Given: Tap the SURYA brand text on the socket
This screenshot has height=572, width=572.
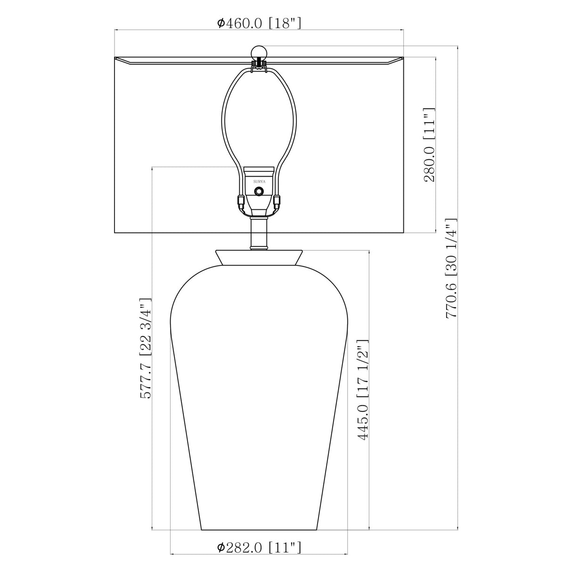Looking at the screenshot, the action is (x=259, y=181).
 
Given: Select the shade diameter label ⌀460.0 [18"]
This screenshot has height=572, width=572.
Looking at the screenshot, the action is (x=259, y=23).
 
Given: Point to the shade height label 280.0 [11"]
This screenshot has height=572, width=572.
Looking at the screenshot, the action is (x=429, y=145).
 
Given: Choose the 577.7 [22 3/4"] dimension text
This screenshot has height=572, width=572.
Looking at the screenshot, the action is (x=146, y=348).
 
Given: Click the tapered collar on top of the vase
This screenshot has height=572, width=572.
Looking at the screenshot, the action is (x=259, y=257).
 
